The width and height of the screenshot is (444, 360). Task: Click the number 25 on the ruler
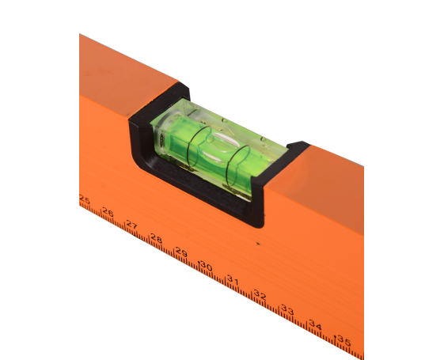click(x=85, y=200)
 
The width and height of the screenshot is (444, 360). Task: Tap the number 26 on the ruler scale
click(x=108, y=212)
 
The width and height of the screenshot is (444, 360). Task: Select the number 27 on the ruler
click(x=131, y=225)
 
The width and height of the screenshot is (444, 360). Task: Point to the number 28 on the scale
click(x=156, y=238)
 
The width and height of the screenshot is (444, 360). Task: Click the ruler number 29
click(x=181, y=252)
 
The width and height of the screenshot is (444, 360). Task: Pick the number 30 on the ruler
click(x=206, y=266)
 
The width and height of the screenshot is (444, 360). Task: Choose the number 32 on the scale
click(x=260, y=294)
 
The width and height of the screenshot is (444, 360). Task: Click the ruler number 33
click(x=287, y=310)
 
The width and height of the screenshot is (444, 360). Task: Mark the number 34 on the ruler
click(x=315, y=324)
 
